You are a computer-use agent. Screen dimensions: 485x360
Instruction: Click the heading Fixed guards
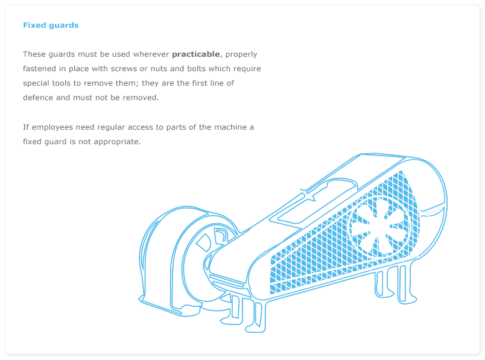tap(51, 25)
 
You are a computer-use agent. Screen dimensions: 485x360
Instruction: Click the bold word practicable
tap(196, 54)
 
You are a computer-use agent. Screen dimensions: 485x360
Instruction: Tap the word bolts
tap(196, 69)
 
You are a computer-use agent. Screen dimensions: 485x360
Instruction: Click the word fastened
tap(39, 69)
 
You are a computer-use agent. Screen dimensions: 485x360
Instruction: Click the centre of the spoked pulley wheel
tap(379, 227)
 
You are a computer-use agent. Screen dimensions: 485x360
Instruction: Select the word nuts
tap(159, 69)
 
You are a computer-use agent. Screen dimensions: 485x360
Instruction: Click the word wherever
tap(151, 54)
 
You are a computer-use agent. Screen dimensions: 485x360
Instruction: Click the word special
tap(36, 83)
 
